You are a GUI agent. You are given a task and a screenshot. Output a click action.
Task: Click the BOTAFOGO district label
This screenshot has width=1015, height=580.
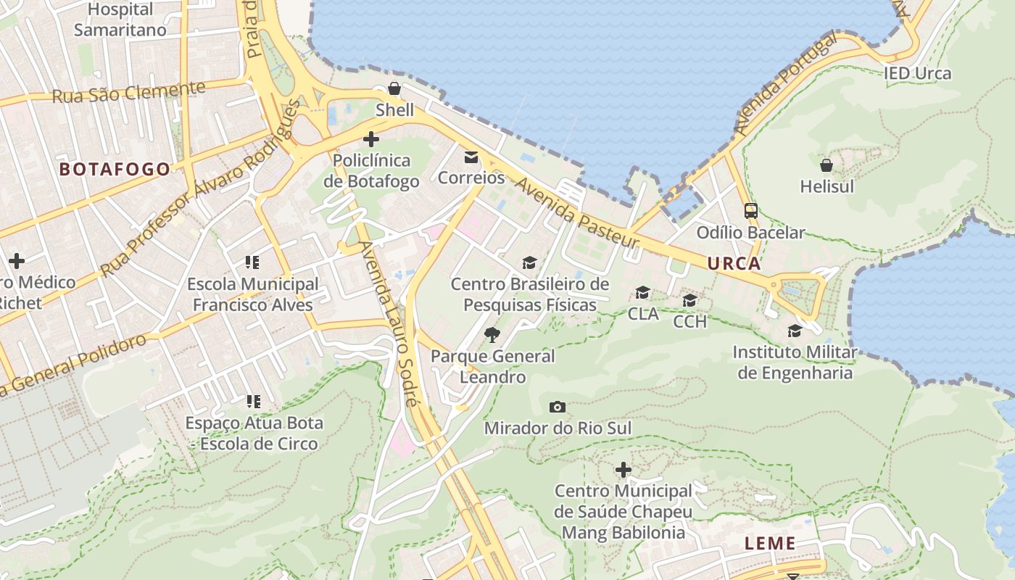(115, 170)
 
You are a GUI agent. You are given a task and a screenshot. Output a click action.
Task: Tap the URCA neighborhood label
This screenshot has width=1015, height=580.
(734, 263)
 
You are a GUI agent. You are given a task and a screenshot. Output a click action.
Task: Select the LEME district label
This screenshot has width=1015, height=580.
(770, 543)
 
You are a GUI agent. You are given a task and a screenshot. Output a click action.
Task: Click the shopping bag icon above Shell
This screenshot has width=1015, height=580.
(394, 89)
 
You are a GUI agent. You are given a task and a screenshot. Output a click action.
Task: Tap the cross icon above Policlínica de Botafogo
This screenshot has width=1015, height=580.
(371, 138)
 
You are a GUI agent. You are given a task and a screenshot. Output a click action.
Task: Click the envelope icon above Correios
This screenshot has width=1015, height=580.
(471, 157)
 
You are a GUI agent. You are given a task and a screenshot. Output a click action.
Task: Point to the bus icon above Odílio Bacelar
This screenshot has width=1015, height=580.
(751, 211)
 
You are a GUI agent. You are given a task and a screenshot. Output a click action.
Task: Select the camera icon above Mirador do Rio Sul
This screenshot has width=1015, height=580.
(558, 407)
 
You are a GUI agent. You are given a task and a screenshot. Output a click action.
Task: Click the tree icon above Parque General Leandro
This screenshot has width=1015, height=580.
(492, 334)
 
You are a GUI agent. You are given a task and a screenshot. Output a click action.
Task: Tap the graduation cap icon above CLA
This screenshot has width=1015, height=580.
(643, 292)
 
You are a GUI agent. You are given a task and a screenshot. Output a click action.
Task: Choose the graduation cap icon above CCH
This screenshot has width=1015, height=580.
(689, 300)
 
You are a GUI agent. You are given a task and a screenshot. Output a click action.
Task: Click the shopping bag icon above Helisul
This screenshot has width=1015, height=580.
(826, 165)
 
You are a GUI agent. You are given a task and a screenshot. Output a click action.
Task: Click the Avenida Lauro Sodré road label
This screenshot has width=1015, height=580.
(389, 323)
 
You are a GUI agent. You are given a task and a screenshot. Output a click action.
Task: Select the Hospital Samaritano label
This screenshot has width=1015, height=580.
(120, 20)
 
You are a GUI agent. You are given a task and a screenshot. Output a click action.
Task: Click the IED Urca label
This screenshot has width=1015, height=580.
(917, 73)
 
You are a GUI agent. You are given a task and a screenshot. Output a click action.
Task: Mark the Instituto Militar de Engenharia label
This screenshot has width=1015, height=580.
(795, 362)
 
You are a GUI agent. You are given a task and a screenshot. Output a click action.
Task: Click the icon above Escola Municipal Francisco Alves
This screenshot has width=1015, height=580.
(252, 262)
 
